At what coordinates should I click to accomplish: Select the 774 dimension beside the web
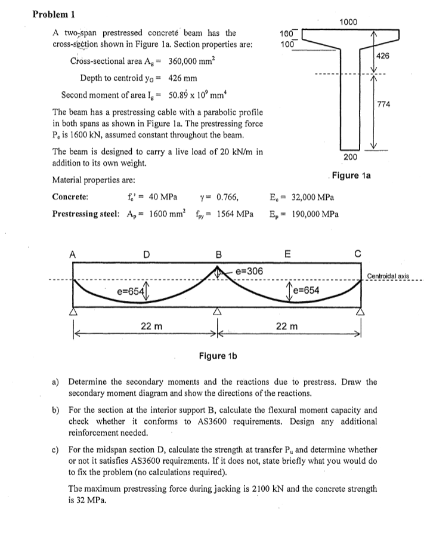pos(383,105)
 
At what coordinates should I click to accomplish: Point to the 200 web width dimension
pos(351,157)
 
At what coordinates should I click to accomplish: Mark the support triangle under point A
pos(74,311)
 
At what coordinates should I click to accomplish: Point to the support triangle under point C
pos(360,311)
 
